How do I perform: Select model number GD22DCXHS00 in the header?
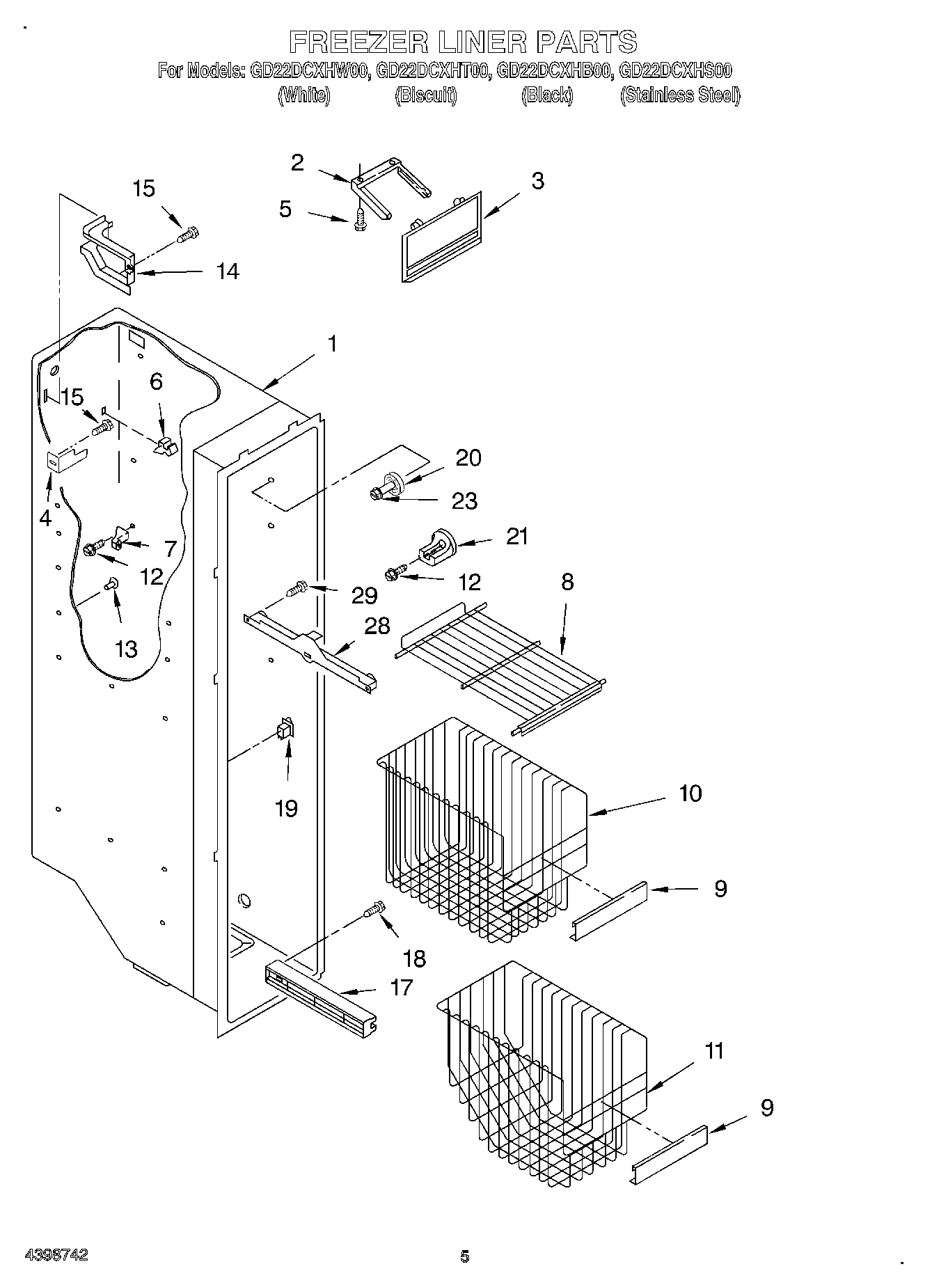click(674, 70)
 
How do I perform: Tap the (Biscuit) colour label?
click(426, 95)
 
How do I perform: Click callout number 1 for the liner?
click(333, 344)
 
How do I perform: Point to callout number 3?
click(537, 181)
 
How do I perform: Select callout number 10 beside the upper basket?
click(690, 793)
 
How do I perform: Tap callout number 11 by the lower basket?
click(714, 1050)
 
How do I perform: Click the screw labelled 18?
click(374, 910)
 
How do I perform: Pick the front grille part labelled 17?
click(322, 995)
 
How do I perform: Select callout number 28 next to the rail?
click(377, 626)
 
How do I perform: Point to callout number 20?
click(468, 458)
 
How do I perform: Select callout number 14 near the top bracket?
click(227, 271)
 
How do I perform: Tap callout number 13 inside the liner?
click(126, 649)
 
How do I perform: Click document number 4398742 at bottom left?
click(56, 1255)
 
